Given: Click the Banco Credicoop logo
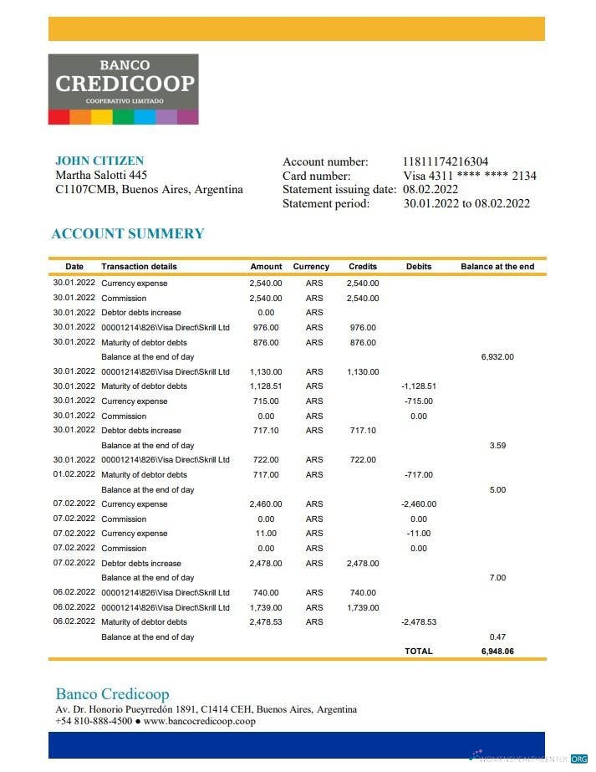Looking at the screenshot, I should [x=123, y=89].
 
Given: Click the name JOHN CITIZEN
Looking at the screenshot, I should [x=99, y=161].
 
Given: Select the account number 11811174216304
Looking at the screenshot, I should [x=446, y=161].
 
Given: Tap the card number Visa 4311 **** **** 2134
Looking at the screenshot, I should [x=469, y=176].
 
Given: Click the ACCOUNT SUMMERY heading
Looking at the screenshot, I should [x=128, y=234].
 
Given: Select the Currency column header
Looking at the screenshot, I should [x=311, y=267].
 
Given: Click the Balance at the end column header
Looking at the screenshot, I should [x=497, y=267].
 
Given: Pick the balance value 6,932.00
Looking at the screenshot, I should [x=497, y=357].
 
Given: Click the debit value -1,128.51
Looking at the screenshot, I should [x=419, y=386].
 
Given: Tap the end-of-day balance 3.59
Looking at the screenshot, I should [x=497, y=446].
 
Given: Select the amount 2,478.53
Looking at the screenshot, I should [x=266, y=622].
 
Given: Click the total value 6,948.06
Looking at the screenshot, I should [x=497, y=651].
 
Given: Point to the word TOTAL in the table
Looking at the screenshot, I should [x=419, y=651].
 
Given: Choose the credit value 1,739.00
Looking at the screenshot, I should [x=362, y=607].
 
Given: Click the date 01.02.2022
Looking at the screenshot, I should [x=74, y=475].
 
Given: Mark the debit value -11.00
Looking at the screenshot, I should [x=419, y=534].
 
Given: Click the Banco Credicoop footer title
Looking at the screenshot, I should [x=112, y=694].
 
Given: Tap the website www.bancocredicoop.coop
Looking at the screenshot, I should [x=199, y=721].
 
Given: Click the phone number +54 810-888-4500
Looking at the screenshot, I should [x=94, y=721].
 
